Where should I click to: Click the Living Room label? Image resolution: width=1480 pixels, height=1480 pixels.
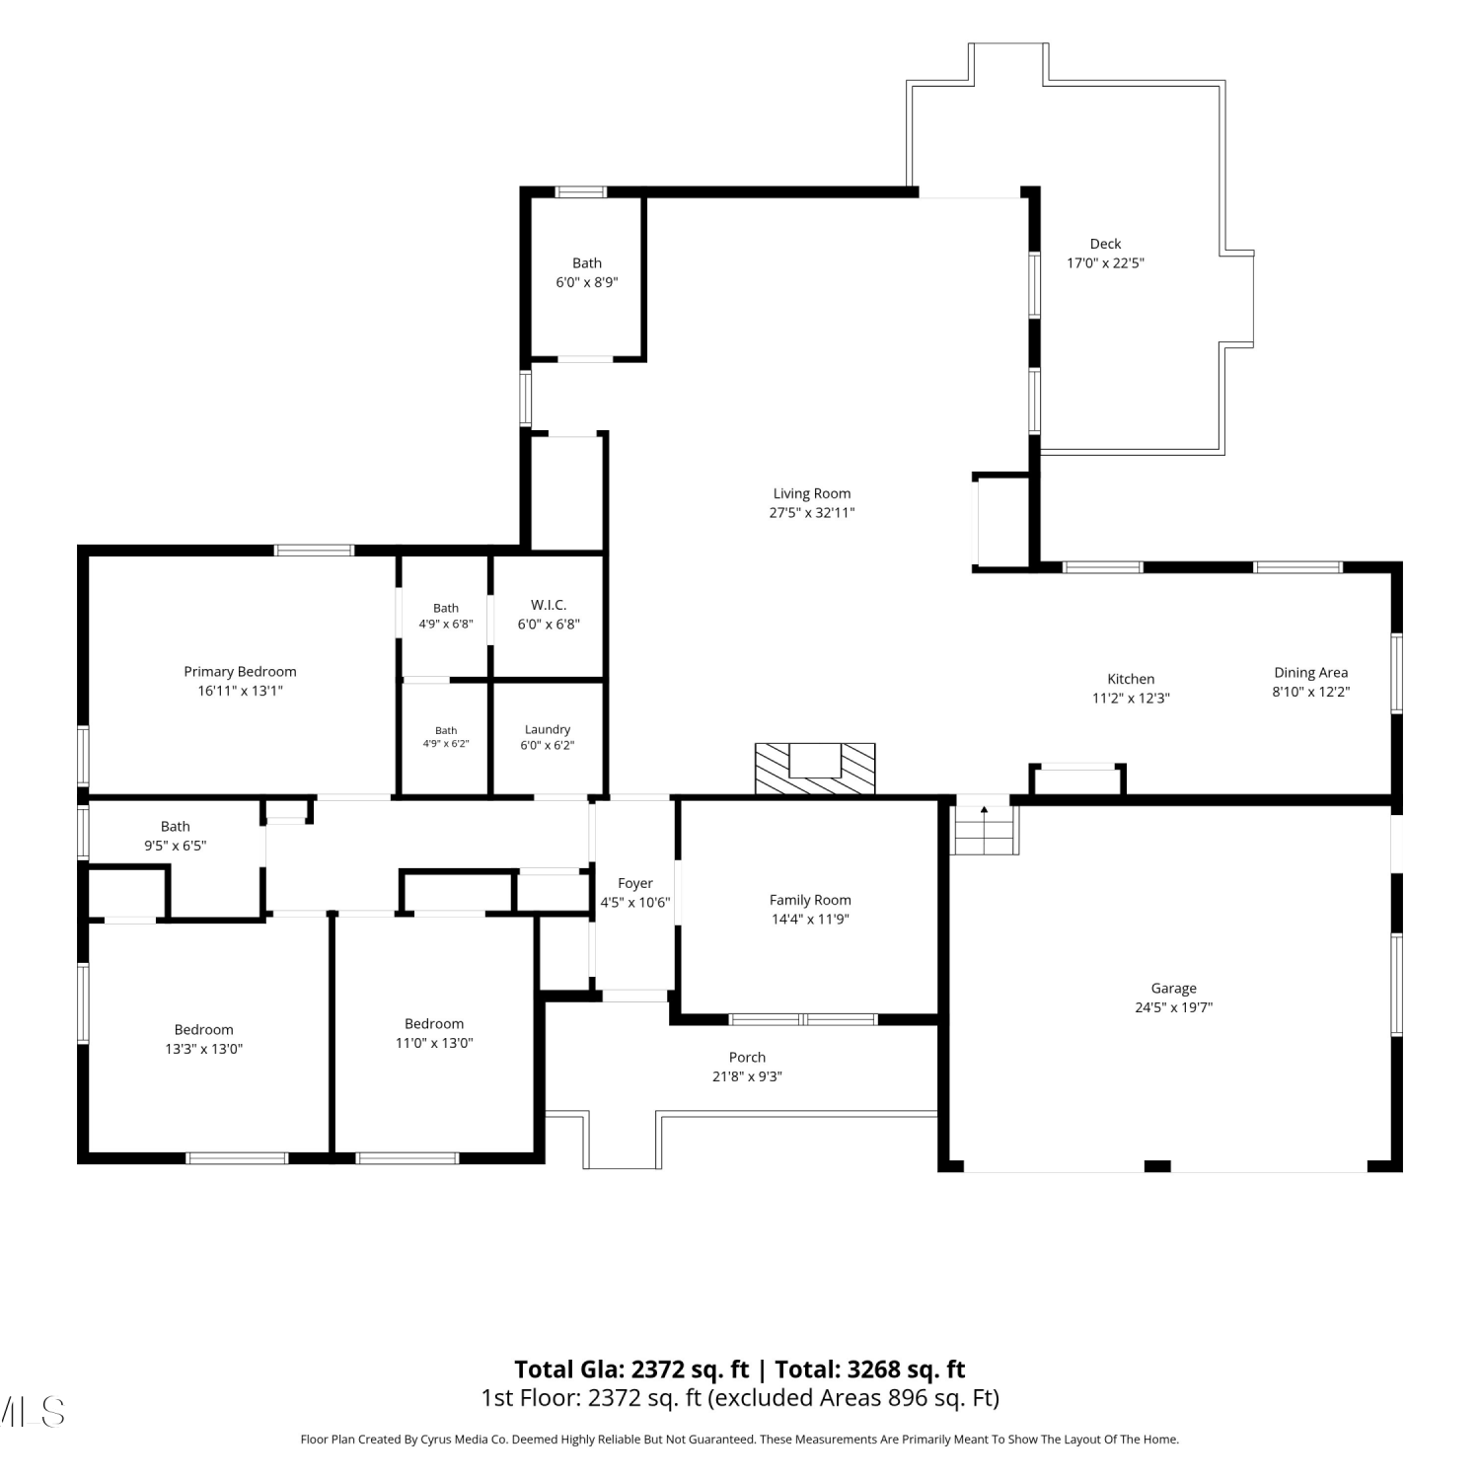(x=812, y=493)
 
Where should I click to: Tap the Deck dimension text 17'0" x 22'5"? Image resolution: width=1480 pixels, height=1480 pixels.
(x=1105, y=263)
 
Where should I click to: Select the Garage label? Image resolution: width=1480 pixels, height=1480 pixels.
(x=1173, y=989)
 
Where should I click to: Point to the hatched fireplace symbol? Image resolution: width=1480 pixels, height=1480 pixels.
(x=815, y=769)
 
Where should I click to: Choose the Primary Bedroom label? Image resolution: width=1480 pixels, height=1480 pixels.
(x=240, y=672)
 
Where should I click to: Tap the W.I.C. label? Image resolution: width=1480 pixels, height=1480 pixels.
(x=549, y=605)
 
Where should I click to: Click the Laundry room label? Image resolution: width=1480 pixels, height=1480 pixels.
(x=548, y=730)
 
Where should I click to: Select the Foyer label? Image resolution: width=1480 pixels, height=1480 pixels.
(x=635, y=884)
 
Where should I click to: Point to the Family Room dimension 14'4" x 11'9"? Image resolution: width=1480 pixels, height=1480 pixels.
(x=810, y=920)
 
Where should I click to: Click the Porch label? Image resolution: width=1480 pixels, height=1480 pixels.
(x=747, y=1058)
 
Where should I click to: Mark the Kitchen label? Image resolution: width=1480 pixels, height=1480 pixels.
(x=1131, y=679)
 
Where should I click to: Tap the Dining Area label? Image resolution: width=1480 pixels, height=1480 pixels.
(x=1310, y=673)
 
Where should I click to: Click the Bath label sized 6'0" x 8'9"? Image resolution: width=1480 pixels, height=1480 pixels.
(x=587, y=263)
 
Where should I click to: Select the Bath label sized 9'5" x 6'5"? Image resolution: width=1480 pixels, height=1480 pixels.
(x=176, y=827)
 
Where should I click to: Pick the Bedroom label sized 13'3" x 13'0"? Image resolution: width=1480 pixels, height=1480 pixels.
(x=204, y=1030)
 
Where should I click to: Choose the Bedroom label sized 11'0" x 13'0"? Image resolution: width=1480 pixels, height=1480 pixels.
(x=434, y=1024)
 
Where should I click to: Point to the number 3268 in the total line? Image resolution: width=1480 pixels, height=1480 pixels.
(x=874, y=1369)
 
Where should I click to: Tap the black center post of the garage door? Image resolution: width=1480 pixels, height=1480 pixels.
(x=1157, y=1166)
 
